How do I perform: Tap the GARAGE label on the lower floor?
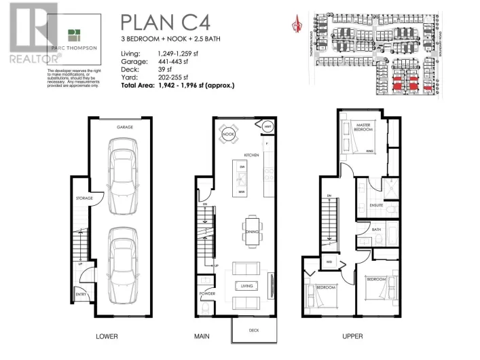[x=125, y=126]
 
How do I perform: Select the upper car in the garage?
[x=125, y=173]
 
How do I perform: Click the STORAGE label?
[x=84, y=198]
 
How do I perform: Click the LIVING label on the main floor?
[x=246, y=286]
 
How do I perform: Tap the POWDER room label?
[x=207, y=293]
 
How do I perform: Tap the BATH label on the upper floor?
[x=377, y=230]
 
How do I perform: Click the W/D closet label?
[x=328, y=261]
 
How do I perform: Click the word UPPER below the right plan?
[x=352, y=336]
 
